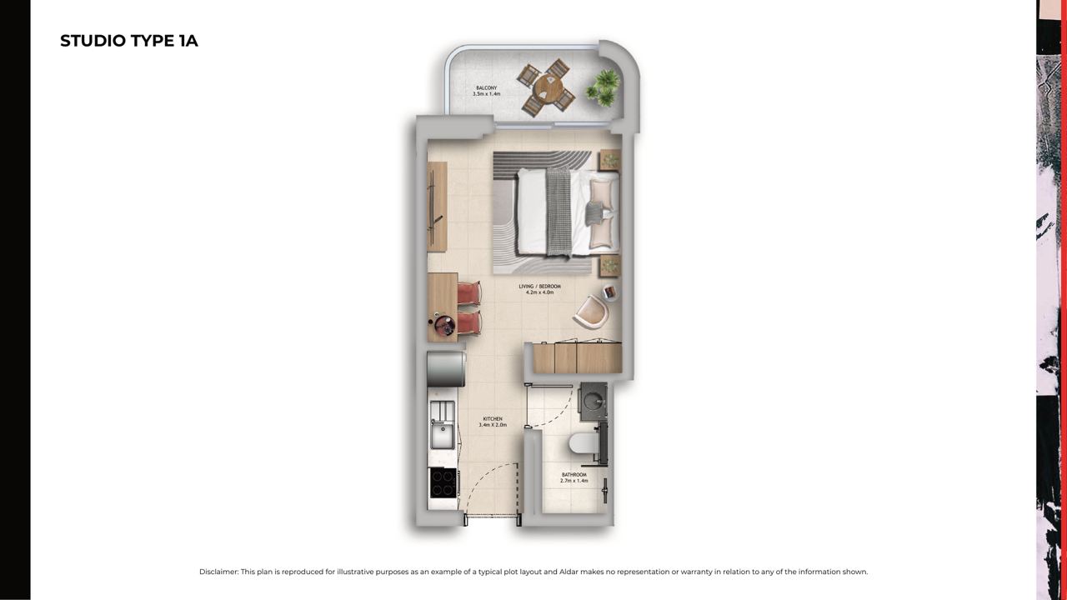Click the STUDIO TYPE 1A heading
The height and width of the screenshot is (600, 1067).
point(129,41)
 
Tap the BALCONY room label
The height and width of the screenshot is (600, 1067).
point(486,88)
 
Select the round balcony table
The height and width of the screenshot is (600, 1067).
point(548,87)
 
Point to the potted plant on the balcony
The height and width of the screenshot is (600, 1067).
point(604,87)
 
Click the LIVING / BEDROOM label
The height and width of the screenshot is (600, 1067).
point(539,287)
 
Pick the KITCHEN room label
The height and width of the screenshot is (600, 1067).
point(493,419)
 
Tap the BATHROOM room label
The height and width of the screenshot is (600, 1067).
point(574,475)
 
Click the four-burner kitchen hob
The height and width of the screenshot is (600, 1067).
point(443,482)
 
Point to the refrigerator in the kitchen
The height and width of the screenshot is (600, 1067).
point(446,369)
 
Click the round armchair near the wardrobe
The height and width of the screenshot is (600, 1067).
point(592,312)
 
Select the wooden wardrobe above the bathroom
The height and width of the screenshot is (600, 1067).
point(577,357)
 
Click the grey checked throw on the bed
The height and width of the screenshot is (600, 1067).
point(559,212)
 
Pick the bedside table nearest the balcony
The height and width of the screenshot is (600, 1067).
point(609,159)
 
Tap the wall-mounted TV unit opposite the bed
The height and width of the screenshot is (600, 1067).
point(437,207)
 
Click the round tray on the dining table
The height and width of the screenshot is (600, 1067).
point(445,326)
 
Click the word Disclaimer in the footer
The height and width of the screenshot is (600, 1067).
point(218,572)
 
